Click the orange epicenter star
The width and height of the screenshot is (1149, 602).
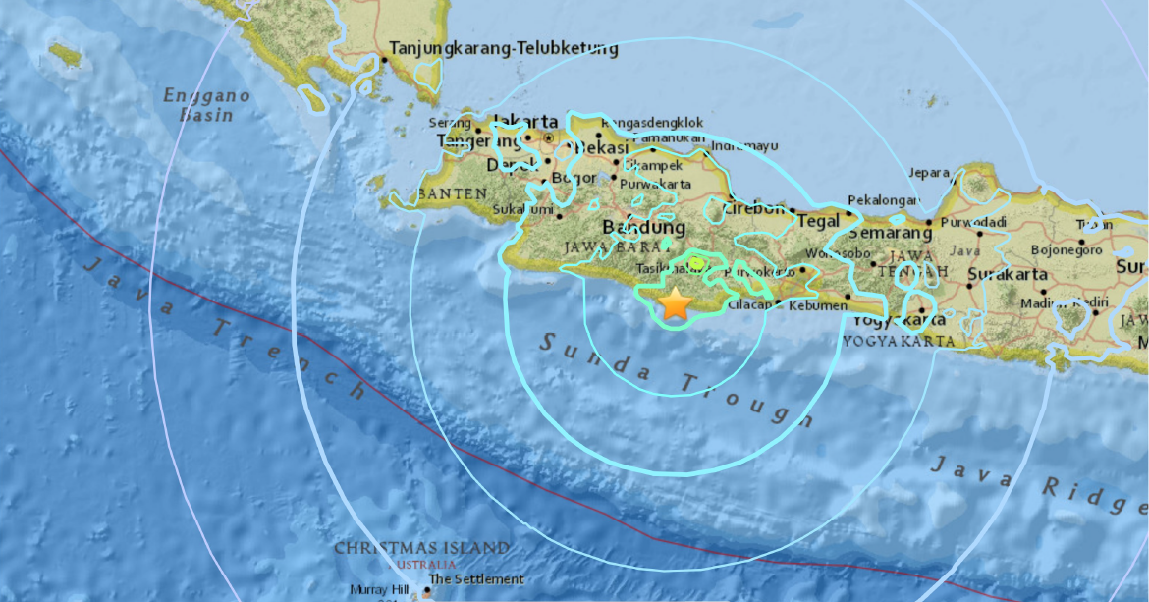(676, 303)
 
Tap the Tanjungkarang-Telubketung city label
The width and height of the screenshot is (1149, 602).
(504, 48)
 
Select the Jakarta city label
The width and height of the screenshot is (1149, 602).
(526, 122)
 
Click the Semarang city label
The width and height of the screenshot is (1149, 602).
(889, 233)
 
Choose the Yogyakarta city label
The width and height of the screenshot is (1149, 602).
(899, 320)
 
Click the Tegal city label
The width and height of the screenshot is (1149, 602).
(818, 220)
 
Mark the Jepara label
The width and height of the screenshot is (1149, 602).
(928, 172)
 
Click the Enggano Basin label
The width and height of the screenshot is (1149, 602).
(206, 105)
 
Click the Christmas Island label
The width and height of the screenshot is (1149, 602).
(421, 548)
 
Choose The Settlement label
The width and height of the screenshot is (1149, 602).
(475, 579)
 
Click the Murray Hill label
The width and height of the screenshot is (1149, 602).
(378, 590)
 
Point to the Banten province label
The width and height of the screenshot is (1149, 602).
(452, 193)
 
